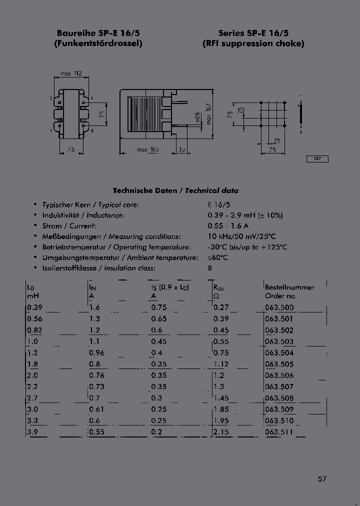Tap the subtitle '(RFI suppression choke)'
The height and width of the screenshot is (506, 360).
coord(253,43)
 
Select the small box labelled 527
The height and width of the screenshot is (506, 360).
coord(317,159)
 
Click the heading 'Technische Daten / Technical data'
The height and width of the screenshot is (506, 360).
coord(175,190)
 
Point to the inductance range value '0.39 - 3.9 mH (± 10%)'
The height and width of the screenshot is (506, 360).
coord(245,215)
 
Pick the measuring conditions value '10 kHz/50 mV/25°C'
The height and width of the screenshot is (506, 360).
coord(242,236)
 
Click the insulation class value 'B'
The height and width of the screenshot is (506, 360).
coord(210,268)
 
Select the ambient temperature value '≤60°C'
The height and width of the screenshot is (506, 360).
coord(217,257)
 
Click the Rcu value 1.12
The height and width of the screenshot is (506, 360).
coord(220,364)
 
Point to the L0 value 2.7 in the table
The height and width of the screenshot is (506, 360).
coord(33,398)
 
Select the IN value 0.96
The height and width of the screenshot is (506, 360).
coord(96,352)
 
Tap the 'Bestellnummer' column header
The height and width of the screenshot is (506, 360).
coord(289,287)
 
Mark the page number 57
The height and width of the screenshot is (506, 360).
coord(322,478)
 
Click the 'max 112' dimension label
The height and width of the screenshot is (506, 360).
coord(71,73)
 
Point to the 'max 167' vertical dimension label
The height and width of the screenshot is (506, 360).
coord(209,115)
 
